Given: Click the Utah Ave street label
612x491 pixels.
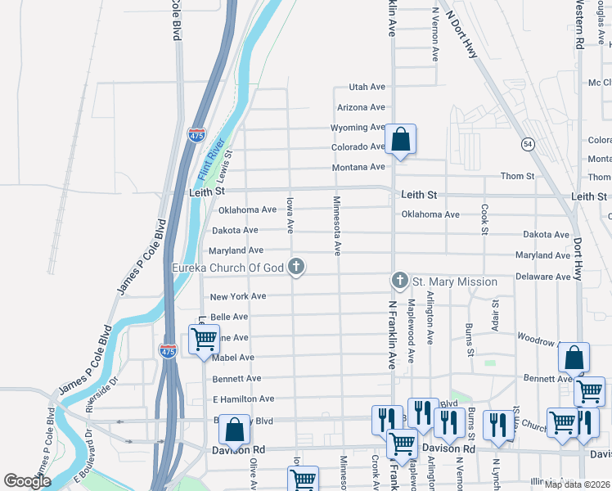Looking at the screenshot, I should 367,87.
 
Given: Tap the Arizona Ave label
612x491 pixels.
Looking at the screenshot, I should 361,107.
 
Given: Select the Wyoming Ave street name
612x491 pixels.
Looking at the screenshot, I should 358,128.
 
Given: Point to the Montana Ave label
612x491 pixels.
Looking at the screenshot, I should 358,167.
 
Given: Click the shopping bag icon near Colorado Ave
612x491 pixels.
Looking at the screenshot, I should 400,141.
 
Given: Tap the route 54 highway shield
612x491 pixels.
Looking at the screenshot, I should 529,144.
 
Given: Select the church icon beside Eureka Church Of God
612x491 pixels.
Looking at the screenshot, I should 297,266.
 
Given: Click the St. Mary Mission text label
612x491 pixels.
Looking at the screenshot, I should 454,282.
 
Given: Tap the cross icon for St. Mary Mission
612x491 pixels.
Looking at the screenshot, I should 400,282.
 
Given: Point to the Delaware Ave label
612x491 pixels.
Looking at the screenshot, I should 543,277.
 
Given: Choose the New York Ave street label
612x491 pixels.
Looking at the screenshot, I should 238,296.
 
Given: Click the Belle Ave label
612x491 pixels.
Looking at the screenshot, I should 229,317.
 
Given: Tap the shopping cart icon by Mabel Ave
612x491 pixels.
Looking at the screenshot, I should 204,337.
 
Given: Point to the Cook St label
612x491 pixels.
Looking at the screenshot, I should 485,219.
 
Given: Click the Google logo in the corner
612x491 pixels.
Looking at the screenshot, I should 27,481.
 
